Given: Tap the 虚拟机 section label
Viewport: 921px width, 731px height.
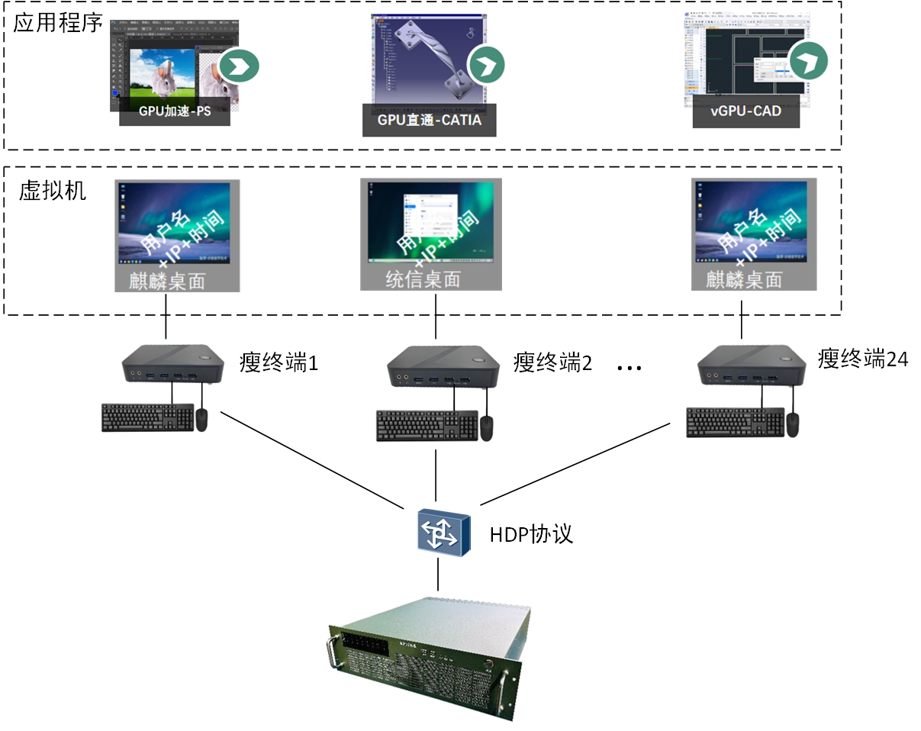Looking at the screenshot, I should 53,190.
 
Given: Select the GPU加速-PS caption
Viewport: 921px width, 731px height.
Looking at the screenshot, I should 175,111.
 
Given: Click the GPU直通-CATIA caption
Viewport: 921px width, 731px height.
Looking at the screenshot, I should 430,120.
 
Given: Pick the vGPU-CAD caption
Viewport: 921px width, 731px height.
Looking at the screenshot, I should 745,111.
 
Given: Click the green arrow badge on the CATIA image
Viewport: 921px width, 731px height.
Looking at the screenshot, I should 487,64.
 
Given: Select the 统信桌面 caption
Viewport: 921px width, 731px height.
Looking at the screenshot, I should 423,279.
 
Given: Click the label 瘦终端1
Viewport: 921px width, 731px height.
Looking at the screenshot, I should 279,362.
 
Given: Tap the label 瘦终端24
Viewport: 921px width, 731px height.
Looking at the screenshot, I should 863,358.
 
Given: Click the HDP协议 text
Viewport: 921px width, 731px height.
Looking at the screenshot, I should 531,533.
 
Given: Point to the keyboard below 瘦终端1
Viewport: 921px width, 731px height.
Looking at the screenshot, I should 147,417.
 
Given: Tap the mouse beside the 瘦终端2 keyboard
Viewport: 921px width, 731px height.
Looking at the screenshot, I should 486,428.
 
